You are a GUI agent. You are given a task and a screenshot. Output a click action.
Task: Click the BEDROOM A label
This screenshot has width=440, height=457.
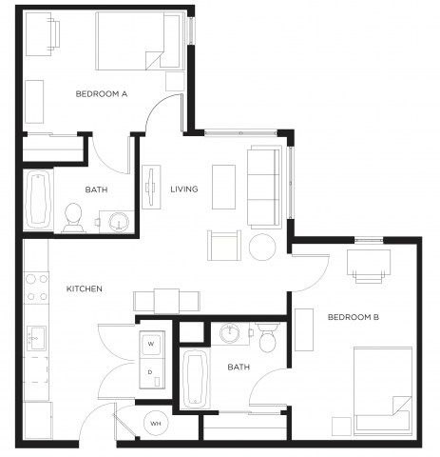pos(102,94)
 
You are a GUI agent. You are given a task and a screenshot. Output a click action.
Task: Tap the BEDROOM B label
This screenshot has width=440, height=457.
pos(354,317)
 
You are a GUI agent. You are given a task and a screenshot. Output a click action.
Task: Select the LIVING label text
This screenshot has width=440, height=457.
pos(184,189)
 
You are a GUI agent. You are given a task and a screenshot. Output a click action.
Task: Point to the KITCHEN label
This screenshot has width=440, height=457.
pos(85,288)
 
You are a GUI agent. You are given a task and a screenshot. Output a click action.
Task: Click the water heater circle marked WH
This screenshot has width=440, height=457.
pos(156,424)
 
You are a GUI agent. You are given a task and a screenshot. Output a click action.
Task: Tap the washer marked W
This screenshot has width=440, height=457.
pos(152,344)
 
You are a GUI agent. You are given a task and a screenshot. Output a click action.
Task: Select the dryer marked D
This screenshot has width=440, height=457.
pos(152,373)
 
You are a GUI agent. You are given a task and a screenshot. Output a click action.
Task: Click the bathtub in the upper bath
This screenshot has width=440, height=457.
pos(38,200)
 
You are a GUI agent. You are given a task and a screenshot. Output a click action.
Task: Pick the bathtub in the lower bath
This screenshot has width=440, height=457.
pos(195,379)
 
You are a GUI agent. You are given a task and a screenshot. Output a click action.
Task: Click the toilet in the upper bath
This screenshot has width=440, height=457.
pos(73,218)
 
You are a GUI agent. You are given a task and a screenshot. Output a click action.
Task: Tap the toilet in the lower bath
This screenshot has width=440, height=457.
pos(267,338)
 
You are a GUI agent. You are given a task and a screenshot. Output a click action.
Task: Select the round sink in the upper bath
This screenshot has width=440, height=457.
pos(119,221)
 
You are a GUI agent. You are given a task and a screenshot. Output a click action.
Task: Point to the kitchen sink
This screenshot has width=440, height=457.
pos(36,338)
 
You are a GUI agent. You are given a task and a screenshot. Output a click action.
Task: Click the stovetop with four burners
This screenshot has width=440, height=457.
pos(37,288)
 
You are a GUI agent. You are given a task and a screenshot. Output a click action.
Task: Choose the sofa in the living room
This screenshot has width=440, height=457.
pos(264,188)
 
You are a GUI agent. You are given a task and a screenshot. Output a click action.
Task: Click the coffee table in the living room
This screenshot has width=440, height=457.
pos(223,187)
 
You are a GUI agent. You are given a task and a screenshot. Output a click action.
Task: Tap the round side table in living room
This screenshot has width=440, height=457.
pos(262,247)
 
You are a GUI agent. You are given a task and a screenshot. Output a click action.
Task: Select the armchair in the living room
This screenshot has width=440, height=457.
pos(224,246)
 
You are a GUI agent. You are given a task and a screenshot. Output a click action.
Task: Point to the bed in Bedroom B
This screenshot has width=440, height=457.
pos(383,391)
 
